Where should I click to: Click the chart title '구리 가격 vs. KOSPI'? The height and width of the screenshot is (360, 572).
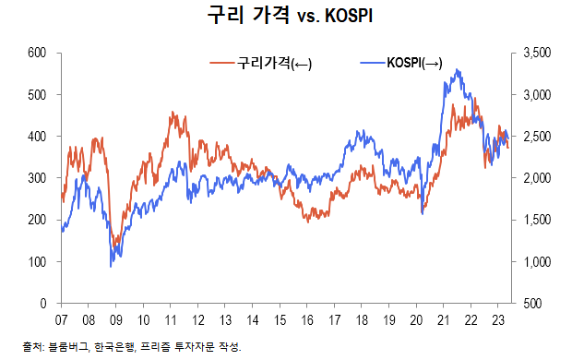285,18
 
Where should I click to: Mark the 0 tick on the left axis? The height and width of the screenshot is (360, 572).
43,303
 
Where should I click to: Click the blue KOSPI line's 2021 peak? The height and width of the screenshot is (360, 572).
459,69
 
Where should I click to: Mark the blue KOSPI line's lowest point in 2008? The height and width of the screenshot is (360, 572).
112,266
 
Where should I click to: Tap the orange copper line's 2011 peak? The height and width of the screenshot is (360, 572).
173,113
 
